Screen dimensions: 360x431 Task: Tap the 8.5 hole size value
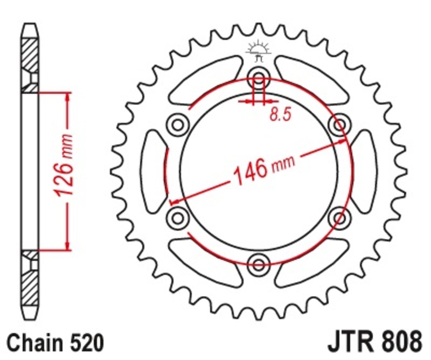tap(277, 114)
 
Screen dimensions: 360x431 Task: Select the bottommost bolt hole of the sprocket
tap(259, 264)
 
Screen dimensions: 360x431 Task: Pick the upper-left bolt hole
tap(177, 124)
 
